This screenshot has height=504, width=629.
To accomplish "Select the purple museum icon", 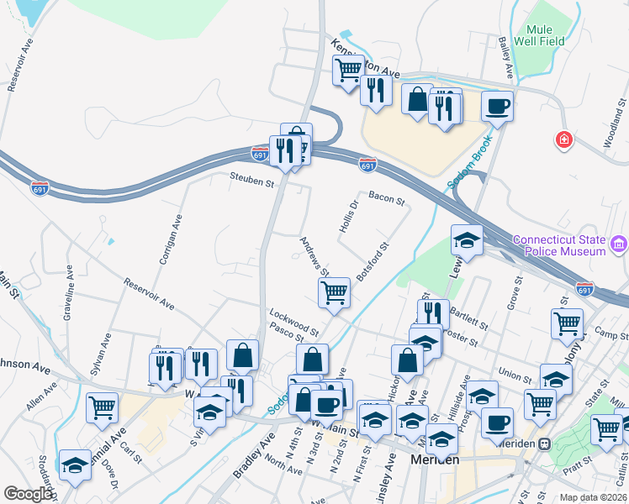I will (x=619, y=244).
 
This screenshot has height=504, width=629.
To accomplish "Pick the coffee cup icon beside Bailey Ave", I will (x=497, y=107).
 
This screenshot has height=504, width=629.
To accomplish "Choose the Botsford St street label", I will (x=373, y=262).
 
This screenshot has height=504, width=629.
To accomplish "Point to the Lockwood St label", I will (x=293, y=321).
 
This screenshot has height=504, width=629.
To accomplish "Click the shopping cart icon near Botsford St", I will (x=334, y=293).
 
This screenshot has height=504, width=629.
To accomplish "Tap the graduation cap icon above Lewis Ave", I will (x=467, y=240).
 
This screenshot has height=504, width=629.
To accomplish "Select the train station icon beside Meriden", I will (x=544, y=443).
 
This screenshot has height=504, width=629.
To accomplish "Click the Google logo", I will (x=27, y=494).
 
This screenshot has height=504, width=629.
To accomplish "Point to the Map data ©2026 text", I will (x=593, y=497).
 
